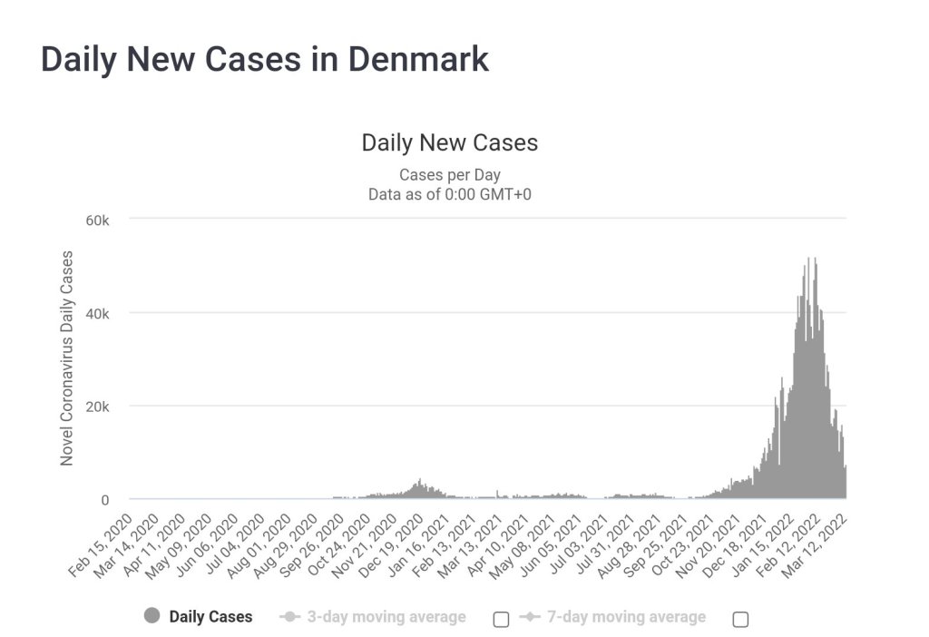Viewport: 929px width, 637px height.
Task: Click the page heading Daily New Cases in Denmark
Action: [x=265, y=59]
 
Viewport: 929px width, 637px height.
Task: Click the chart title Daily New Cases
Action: [x=449, y=143]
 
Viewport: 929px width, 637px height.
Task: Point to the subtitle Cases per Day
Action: [x=449, y=174]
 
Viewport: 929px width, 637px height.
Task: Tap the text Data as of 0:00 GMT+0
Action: [x=449, y=193]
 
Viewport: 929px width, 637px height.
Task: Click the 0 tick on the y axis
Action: [x=105, y=500]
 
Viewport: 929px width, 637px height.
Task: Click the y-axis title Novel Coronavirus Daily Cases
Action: [x=67, y=358]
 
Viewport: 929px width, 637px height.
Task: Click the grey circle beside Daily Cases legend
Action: [x=152, y=616]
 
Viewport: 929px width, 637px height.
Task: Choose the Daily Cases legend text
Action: [x=210, y=617]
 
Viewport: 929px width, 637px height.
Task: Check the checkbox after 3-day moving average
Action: [x=501, y=619]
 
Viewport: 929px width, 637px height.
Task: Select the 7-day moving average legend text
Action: [x=626, y=617]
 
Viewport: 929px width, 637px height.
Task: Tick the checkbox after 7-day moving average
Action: [x=740, y=619]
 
